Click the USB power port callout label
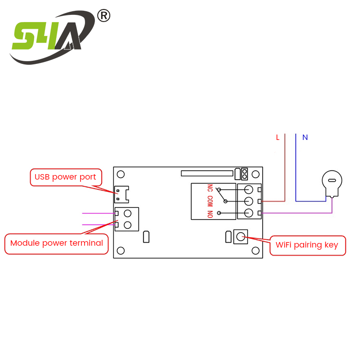(x=66, y=177)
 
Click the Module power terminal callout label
(x=57, y=243)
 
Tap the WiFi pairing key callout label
(x=307, y=245)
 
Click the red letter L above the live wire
(x=278, y=138)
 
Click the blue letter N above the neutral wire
(x=305, y=138)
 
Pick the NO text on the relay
(x=210, y=214)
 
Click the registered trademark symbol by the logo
(x=103, y=16)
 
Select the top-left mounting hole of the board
(x=121, y=174)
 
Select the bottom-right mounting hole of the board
(x=255, y=251)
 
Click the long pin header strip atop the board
(x=207, y=173)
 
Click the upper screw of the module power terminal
(x=128, y=213)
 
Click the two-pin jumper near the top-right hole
(x=244, y=174)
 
